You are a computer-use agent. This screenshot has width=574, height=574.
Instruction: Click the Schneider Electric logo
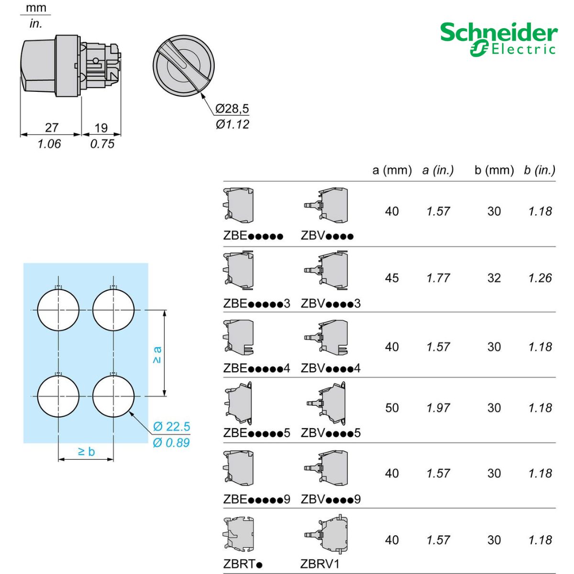coord(498,39)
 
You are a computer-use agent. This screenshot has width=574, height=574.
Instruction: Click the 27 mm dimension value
coord(52,128)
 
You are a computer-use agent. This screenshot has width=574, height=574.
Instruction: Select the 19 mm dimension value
coord(101,128)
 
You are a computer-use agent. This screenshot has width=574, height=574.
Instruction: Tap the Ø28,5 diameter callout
coord(232,109)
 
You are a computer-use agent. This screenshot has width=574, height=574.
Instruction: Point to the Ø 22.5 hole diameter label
coord(171,426)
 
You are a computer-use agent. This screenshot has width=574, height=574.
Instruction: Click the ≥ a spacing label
coord(157,354)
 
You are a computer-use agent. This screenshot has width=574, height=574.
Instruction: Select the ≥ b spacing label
coord(86,451)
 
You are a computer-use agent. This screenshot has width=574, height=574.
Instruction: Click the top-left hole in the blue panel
coord(58,310)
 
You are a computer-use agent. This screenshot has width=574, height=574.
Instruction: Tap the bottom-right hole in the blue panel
coord(113,397)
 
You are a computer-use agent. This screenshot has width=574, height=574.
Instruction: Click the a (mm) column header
coord(392,170)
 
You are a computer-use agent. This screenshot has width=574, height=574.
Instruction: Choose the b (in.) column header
coord(540,170)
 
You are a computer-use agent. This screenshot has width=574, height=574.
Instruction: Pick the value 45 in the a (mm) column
coord(392,278)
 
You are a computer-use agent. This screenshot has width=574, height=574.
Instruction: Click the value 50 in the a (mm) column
coord(392,408)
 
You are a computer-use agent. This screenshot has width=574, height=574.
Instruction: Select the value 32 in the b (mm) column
coord(494,278)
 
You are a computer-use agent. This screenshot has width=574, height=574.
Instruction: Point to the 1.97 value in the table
coord(438,408)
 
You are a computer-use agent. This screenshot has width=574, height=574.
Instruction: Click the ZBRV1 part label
coord(320,564)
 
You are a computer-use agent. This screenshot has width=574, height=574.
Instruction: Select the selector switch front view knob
coord(183,65)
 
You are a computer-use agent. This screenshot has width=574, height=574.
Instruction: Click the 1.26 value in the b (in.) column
coord(540,278)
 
